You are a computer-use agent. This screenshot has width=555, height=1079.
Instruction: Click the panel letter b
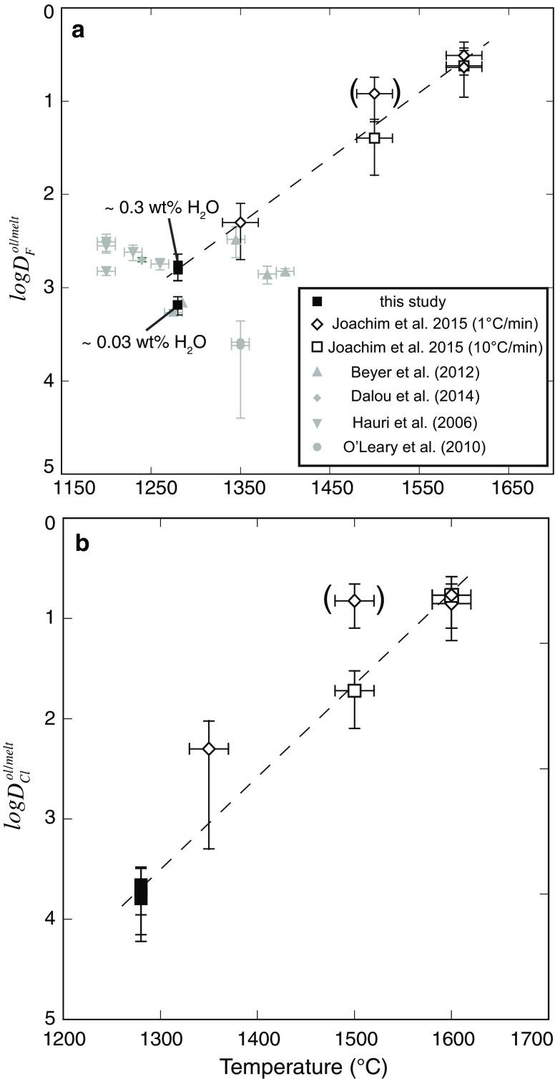coord(83,544)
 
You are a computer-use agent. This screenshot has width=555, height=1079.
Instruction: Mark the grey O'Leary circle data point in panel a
coord(240,344)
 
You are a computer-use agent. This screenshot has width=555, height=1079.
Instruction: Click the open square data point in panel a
coord(374,137)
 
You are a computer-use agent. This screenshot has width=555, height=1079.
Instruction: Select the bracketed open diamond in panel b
coord(354,600)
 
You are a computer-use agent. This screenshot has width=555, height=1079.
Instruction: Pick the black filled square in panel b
coord(141,892)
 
